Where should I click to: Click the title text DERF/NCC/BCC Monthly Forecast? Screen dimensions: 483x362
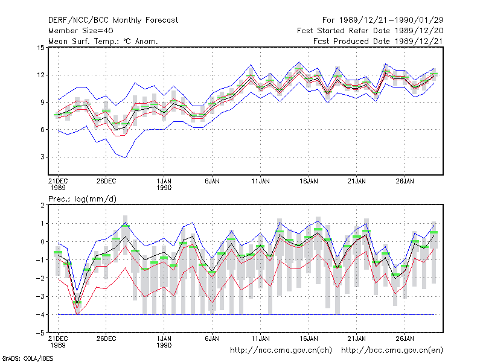point(113,21)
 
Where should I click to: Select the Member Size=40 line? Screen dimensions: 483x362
point(81,31)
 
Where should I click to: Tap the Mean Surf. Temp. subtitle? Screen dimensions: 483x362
point(103,41)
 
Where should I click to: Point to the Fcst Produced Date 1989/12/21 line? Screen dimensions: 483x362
point(378,41)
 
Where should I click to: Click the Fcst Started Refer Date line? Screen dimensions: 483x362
point(370,31)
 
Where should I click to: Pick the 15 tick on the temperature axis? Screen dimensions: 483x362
point(40,48)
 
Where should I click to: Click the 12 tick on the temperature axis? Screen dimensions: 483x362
point(40,75)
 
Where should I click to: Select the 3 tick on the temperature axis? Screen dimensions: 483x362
point(42,157)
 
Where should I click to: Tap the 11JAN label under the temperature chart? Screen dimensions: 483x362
point(260,181)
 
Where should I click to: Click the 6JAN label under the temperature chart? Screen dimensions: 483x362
point(212,181)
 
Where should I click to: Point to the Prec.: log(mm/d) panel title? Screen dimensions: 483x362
point(82,199)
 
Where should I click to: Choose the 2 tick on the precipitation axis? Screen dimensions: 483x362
point(42,205)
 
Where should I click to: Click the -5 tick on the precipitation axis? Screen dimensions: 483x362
point(40,333)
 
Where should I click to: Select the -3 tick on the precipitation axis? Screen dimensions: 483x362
point(40,296)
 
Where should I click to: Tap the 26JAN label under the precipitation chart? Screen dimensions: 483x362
point(405,338)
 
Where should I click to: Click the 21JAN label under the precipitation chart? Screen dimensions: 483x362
point(357,338)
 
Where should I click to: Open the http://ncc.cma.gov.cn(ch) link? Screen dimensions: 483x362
point(281,351)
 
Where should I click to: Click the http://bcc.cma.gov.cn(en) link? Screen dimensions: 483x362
point(392,351)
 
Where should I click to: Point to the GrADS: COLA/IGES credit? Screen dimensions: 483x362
point(27,358)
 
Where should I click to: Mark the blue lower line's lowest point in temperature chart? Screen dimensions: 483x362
point(126,158)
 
